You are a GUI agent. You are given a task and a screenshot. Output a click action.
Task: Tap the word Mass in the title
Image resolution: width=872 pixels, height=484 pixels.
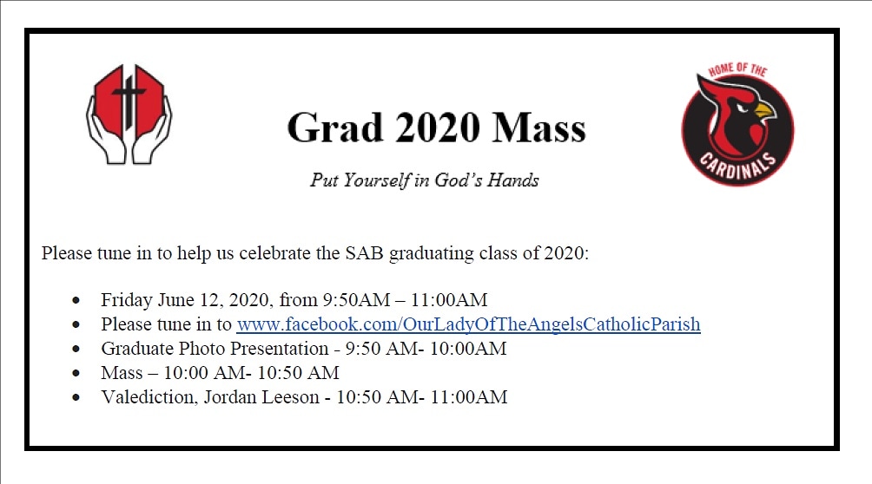tap(539, 128)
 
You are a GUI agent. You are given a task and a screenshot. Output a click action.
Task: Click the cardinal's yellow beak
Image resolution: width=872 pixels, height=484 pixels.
tap(763, 110)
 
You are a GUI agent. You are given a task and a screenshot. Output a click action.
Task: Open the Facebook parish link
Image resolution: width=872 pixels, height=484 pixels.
tap(468, 324)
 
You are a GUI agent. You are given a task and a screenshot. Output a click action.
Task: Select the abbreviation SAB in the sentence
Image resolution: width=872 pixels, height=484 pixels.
tap(366, 254)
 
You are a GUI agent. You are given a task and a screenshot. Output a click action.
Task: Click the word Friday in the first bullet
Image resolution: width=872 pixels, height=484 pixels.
tap(126, 300)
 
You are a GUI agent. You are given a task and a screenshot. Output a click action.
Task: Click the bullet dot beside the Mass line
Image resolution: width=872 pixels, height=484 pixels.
tap(78, 374)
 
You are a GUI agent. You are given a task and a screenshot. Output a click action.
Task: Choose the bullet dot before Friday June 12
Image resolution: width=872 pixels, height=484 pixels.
tap(78, 301)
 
